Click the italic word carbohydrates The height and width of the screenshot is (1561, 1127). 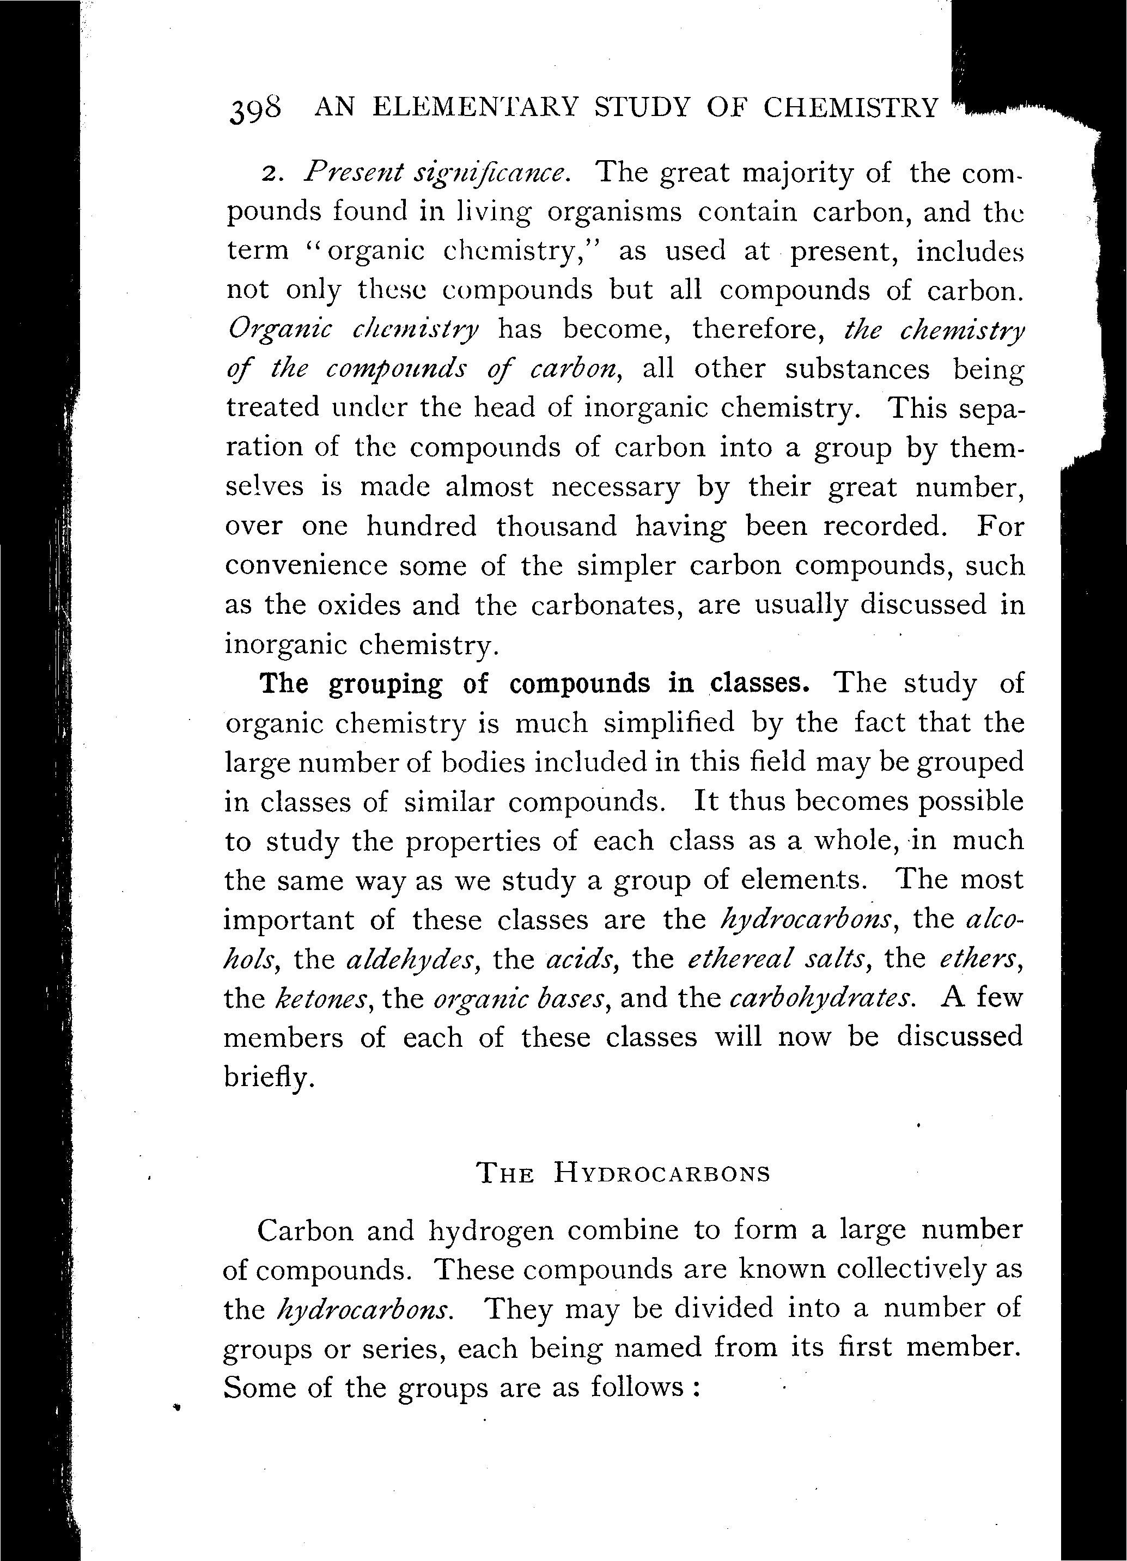pos(822,998)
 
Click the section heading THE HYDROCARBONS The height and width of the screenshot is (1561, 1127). pos(623,1173)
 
